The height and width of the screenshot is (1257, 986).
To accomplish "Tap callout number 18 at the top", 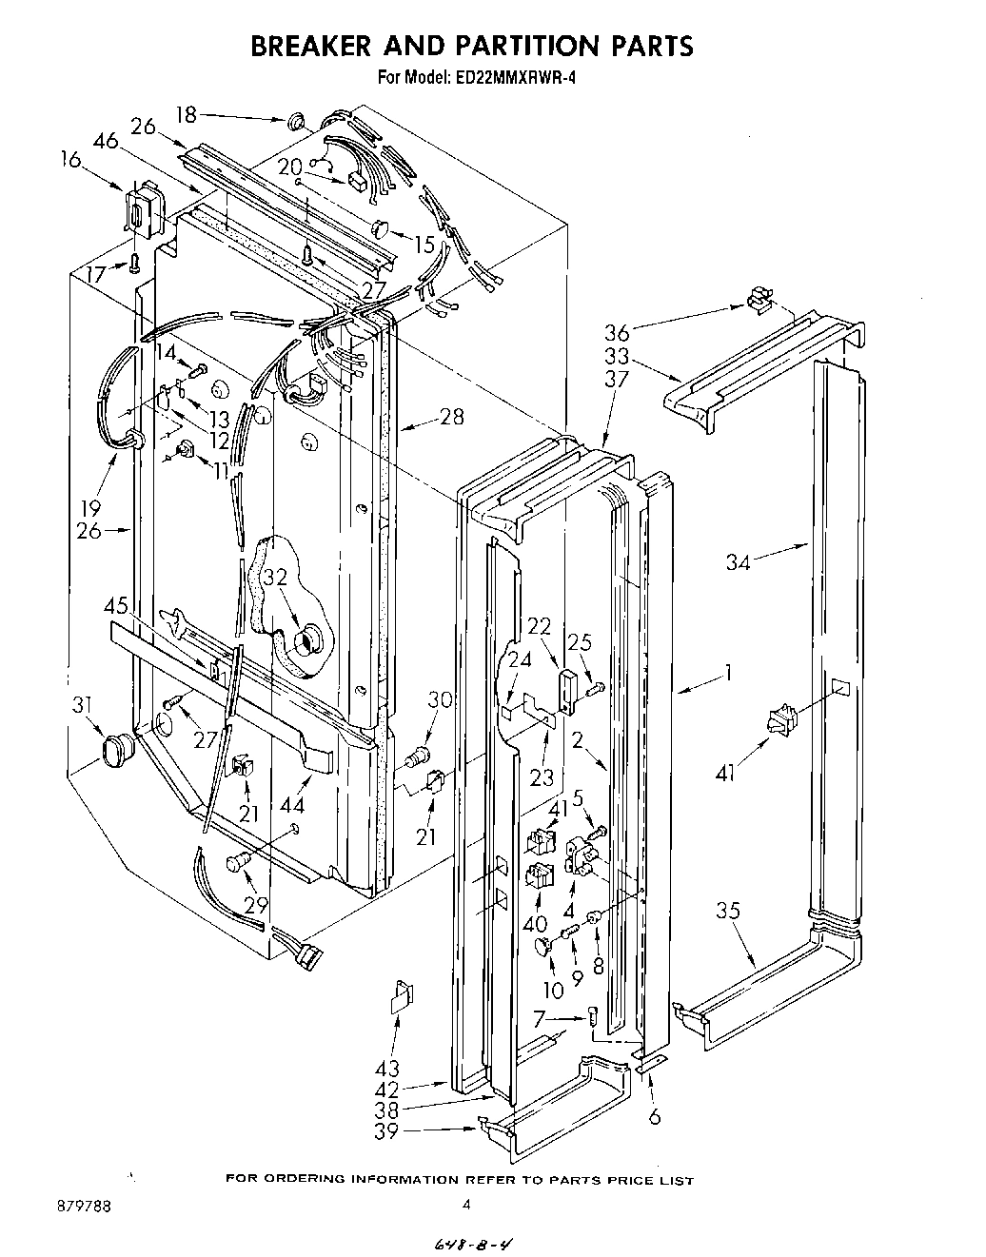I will point(186,115).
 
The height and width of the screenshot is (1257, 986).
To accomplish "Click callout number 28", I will point(452,416).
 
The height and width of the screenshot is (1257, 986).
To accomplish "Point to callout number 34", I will point(739,562).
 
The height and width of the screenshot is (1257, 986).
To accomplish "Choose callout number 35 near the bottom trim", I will point(727,911).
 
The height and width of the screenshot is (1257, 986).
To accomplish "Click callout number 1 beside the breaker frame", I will point(727,674).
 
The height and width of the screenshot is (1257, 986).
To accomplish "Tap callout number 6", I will point(654,1117).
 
